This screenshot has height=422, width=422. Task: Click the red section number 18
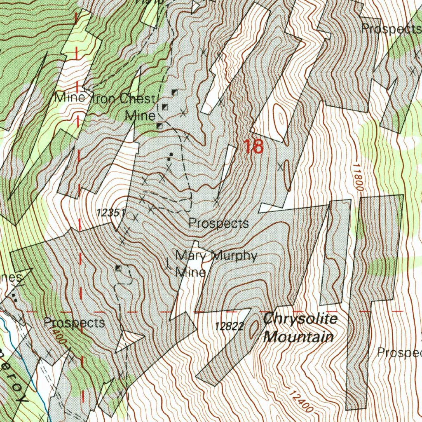click(x=253, y=147)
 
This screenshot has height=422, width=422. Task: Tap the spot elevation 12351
click(x=110, y=213)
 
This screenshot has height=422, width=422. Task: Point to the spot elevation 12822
click(x=230, y=326)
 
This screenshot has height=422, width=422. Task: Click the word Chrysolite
click(x=300, y=319)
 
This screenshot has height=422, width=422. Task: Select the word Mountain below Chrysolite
click(x=298, y=337)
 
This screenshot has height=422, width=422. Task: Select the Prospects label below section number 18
click(x=218, y=223)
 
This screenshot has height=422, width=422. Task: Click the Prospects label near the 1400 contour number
click(x=74, y=322)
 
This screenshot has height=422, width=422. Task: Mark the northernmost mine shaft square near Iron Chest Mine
click(x=174, y=92)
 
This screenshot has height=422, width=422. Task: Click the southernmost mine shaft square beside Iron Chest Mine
click(x=159, y=126)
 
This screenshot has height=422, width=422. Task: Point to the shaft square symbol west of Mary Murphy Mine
click(x=119, y=268)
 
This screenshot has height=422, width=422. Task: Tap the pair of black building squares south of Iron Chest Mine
click(x=170, y=156)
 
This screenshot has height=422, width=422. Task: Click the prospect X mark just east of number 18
click(x=280, y=167)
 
